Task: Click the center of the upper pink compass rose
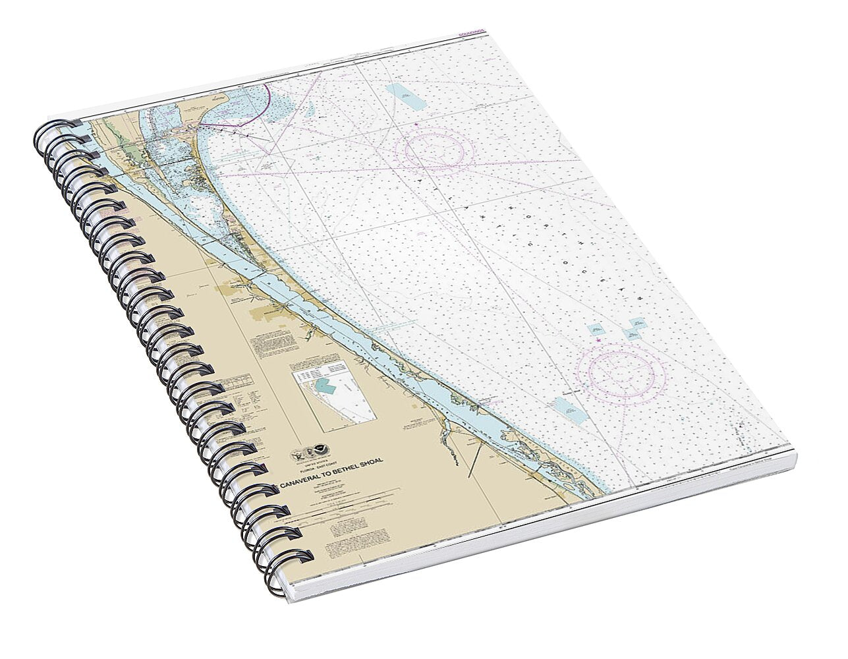coord(439,150)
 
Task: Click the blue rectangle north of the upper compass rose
coord(403,98)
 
